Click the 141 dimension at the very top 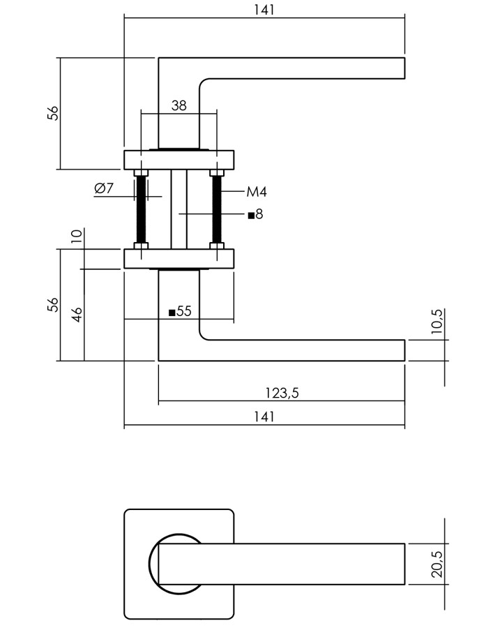tap(264, 9)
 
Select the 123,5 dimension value tap(282, 393)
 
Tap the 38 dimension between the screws tap(179, 105)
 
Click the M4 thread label tap(257, 191)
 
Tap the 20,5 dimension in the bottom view tap(437, 564)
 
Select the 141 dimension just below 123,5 tap(264, 417)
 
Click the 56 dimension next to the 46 tap(52, 305)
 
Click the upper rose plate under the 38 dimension tap(179, 160)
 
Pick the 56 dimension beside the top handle tap(52, 113)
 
